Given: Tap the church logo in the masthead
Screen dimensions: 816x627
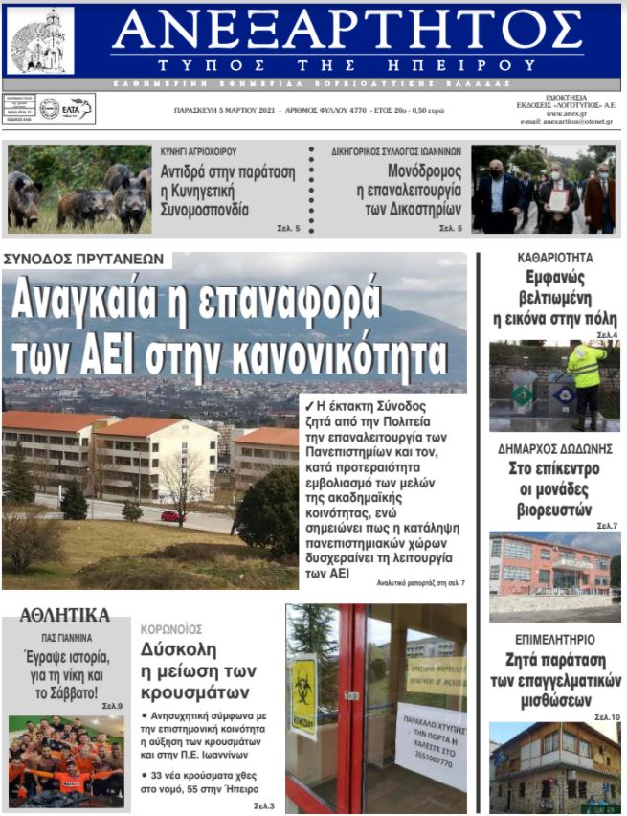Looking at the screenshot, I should [40, 40].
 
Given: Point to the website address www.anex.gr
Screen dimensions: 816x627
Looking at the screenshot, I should [558, 112].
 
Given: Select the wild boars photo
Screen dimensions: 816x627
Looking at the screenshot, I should [78, 189].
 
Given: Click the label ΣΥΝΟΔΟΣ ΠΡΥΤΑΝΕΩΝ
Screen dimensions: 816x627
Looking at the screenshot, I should [85, 259].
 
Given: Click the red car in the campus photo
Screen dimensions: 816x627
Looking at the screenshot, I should [171, 515].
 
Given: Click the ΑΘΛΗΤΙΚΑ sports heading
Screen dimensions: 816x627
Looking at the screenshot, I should [64, 615].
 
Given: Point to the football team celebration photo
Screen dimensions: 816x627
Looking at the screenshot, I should [66, 761].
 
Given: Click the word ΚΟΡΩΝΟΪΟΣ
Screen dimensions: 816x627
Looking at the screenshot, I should [171, 629].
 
